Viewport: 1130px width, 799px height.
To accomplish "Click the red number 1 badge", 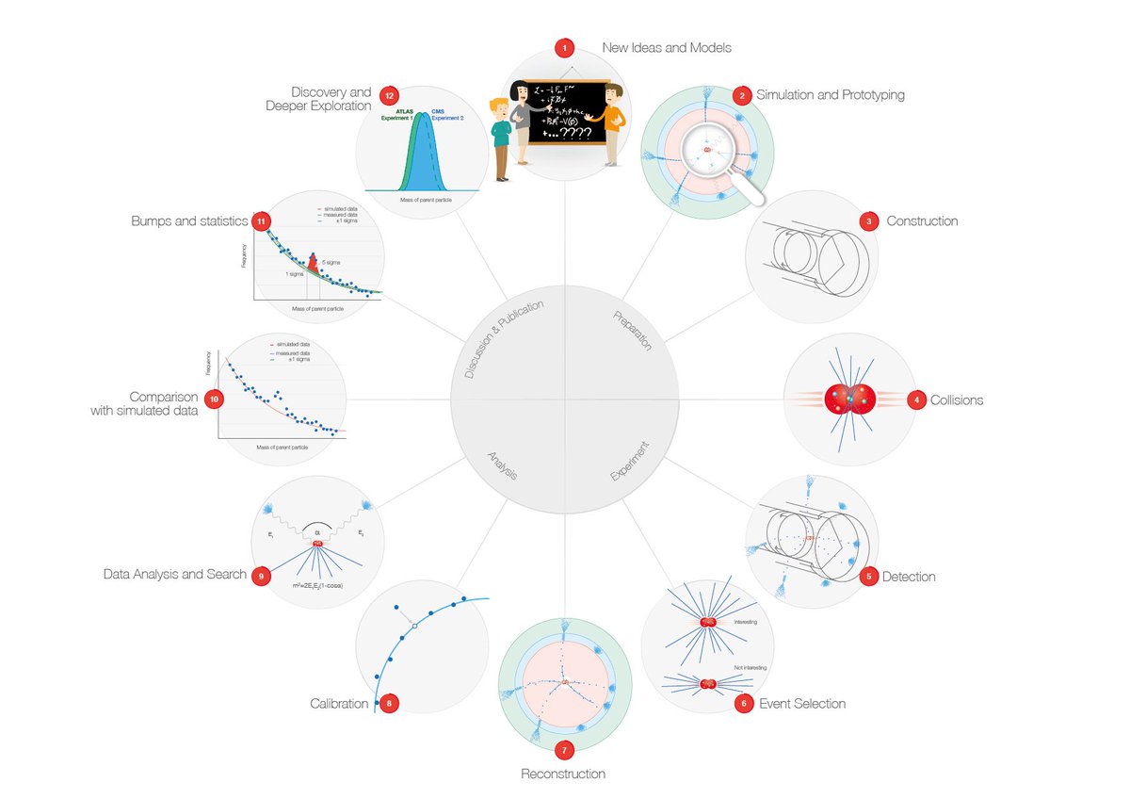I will pos(564,46).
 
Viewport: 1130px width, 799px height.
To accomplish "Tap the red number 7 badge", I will pos(563,751).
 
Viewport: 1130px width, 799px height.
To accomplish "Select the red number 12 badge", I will pos(388,95).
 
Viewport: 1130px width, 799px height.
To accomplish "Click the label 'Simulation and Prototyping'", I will pos(831,95).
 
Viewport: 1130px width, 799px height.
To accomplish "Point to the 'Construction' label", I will pos(922,221).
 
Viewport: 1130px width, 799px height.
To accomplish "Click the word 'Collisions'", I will pos(958,400).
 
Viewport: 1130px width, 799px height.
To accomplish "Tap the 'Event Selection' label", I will pos(802,704).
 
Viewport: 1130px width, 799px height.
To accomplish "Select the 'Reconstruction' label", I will pos(563,775).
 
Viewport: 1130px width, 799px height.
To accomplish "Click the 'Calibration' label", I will pos(339,704).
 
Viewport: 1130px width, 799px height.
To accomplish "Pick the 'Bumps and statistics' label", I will pos(190,221).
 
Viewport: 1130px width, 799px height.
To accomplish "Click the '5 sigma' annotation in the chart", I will pos(331,262).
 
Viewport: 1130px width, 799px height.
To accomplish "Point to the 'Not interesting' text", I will pos(749,667).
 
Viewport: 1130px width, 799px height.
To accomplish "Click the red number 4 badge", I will pos(915,400).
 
